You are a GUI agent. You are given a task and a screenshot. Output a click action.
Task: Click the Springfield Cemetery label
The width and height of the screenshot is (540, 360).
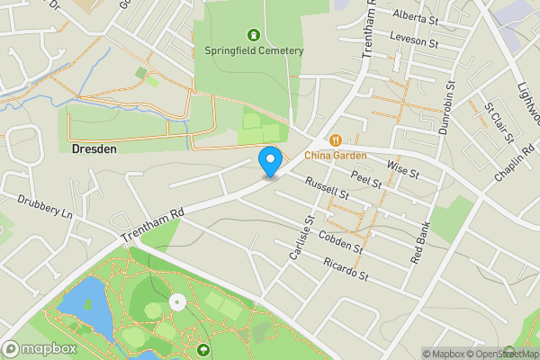pyautogui.click(x=254, y=50)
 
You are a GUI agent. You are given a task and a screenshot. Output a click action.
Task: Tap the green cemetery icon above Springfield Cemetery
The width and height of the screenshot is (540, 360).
pyautogui.click(x=254, y=35)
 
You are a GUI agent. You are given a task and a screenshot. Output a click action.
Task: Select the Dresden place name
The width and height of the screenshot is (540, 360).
pyautogui.click(x=94, y=149)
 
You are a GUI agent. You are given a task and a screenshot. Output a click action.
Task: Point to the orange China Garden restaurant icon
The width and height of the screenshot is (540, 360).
pyautogui.click(x=335, y=139)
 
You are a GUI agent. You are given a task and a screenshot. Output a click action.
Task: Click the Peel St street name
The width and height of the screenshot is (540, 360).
pyautogui.click(x=367, y=178)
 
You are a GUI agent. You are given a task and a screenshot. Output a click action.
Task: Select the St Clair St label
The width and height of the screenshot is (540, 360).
pyautogui.click(x=499, y=121)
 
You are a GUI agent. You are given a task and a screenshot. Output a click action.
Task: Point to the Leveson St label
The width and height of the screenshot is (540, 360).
pyautogui.click(x=414, y=39)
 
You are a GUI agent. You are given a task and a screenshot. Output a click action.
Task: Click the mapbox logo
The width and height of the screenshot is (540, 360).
pyautogui.click(x=40, y=349)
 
